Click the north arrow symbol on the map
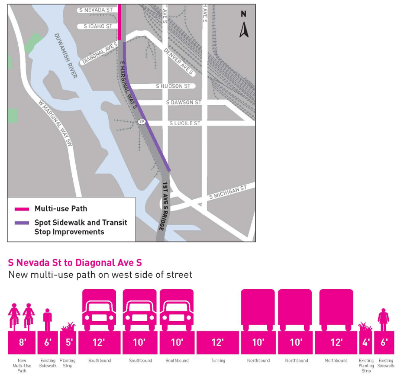243,26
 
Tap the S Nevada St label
95,9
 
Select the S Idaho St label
98,26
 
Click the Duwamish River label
66,55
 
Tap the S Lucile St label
184,123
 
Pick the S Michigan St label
227,193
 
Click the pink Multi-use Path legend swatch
21,209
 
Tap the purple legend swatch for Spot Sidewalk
21,223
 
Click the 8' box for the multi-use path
22,342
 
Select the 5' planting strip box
68,342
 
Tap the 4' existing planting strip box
366,342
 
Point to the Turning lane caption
218,361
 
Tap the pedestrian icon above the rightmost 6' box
384,319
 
